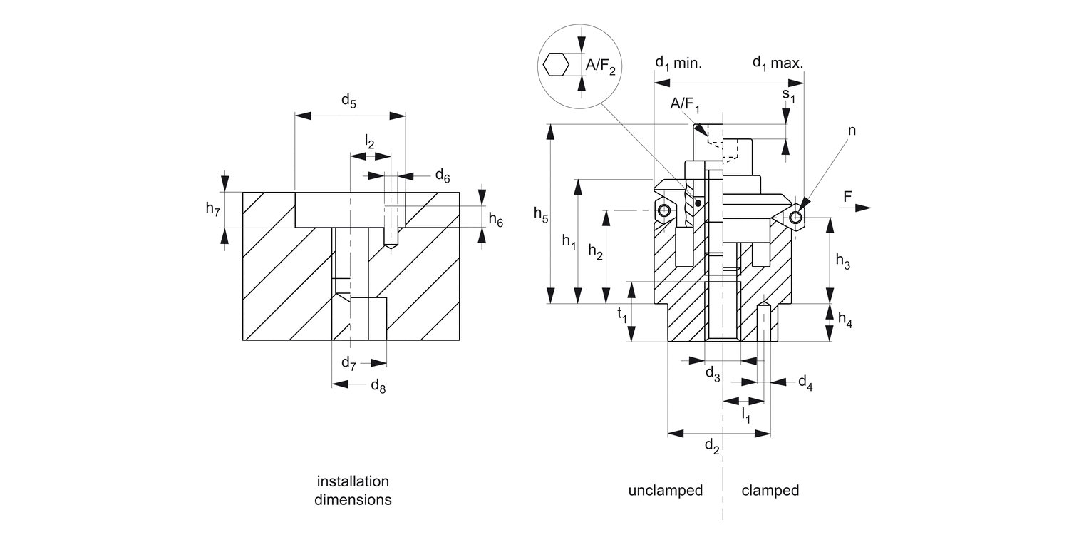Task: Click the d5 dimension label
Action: [348, 101]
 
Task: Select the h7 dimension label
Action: [213, 209]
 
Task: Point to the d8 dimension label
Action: [378, 386]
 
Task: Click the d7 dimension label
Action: [348, 364]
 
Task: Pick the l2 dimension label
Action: [369, 142]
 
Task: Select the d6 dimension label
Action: [442, 175]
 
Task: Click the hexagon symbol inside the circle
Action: [556, 65]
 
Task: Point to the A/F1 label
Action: [686, 106]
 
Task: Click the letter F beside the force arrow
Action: [847, 196]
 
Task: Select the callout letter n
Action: [852, 131]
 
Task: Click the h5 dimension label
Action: [541, 215]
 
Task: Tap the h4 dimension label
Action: [844, 321]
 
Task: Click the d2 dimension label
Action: [712, 447]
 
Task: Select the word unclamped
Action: [665, 491]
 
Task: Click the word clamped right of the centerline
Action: [770, 491]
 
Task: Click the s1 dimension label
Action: [788, 93]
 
